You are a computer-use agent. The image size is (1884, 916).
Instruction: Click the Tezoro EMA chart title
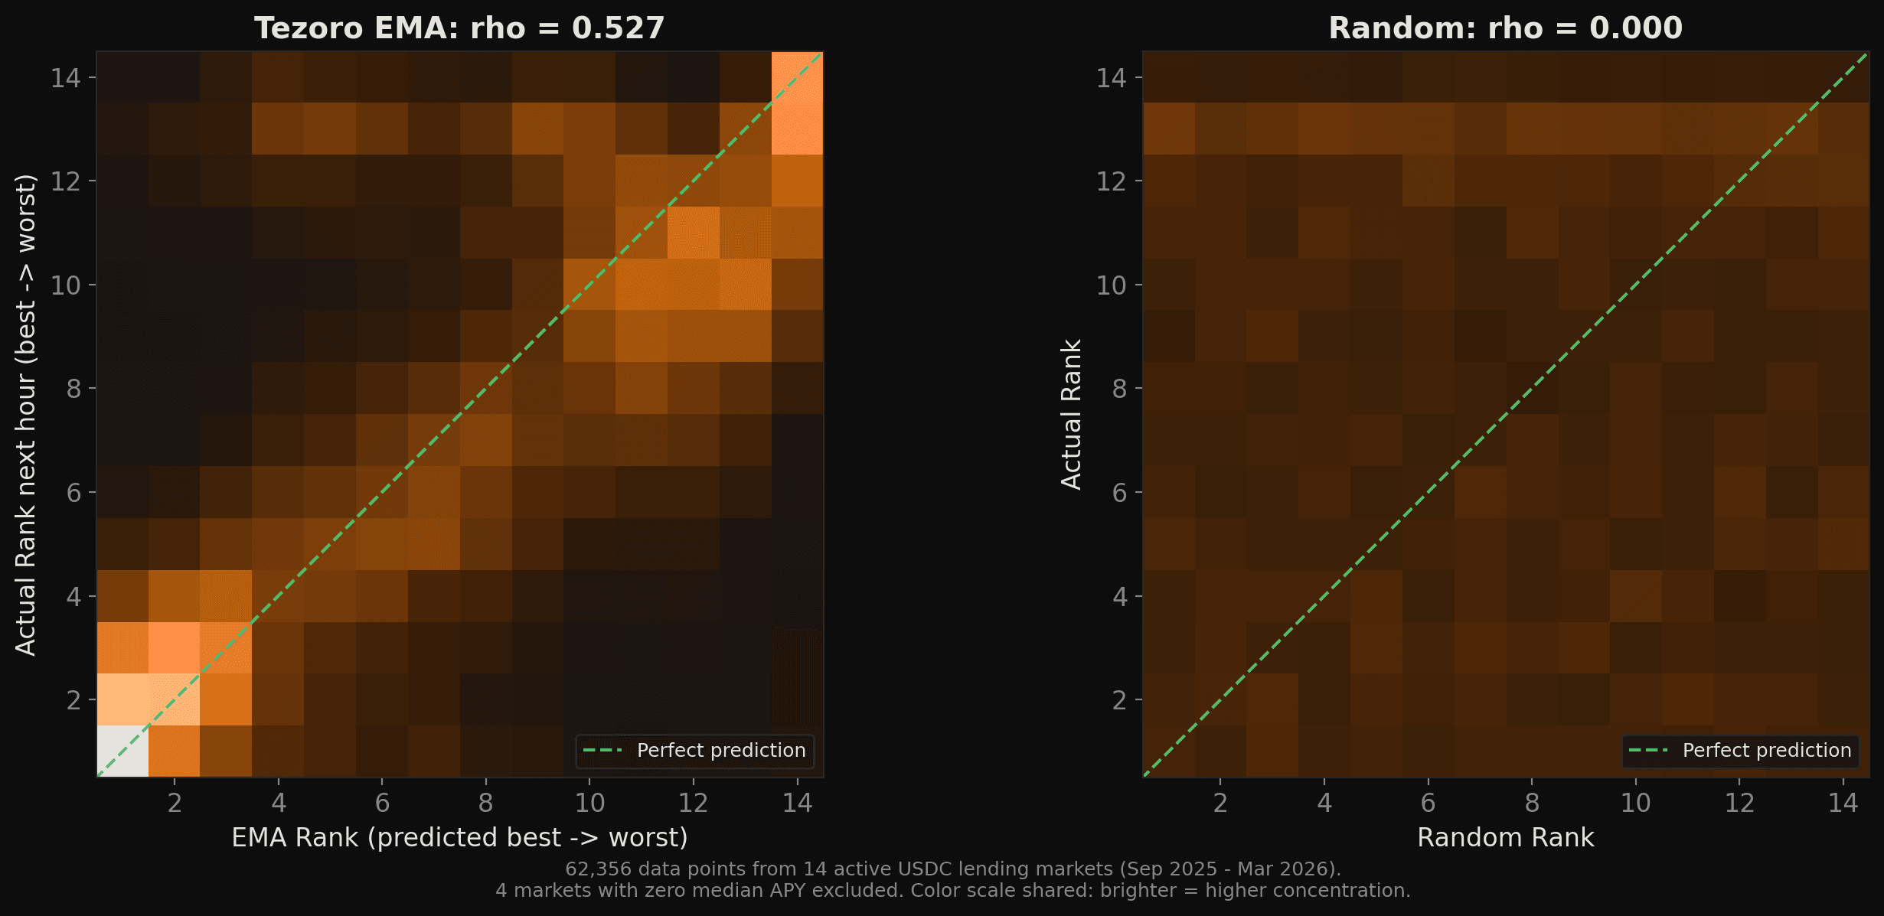(459, 28)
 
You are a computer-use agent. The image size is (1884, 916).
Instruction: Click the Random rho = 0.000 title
(1505, 28)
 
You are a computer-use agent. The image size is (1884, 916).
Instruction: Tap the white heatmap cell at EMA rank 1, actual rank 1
(122, 751)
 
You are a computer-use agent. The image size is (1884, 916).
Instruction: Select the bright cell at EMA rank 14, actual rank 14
(797, 77)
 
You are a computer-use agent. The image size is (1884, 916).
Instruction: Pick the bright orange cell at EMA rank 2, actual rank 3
(175, 647)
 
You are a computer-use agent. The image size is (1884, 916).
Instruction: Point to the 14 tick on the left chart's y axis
(66, 77)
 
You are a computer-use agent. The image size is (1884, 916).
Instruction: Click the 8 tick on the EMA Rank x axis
(485, 803)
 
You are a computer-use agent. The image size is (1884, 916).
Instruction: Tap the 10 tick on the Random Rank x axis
(1635, 803)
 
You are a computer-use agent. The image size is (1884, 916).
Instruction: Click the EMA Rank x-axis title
(459, 838)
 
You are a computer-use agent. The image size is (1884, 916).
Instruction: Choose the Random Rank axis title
(1505, 838)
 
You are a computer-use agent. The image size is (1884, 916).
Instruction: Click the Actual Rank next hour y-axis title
(26, 414)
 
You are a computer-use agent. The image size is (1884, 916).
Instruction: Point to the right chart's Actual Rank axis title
(1071, 414)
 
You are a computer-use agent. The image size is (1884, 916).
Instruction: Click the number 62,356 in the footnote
(598, 869)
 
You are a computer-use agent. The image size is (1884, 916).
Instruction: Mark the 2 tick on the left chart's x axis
(175, 803)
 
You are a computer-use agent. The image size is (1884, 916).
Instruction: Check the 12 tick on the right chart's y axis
(1112, 181)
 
